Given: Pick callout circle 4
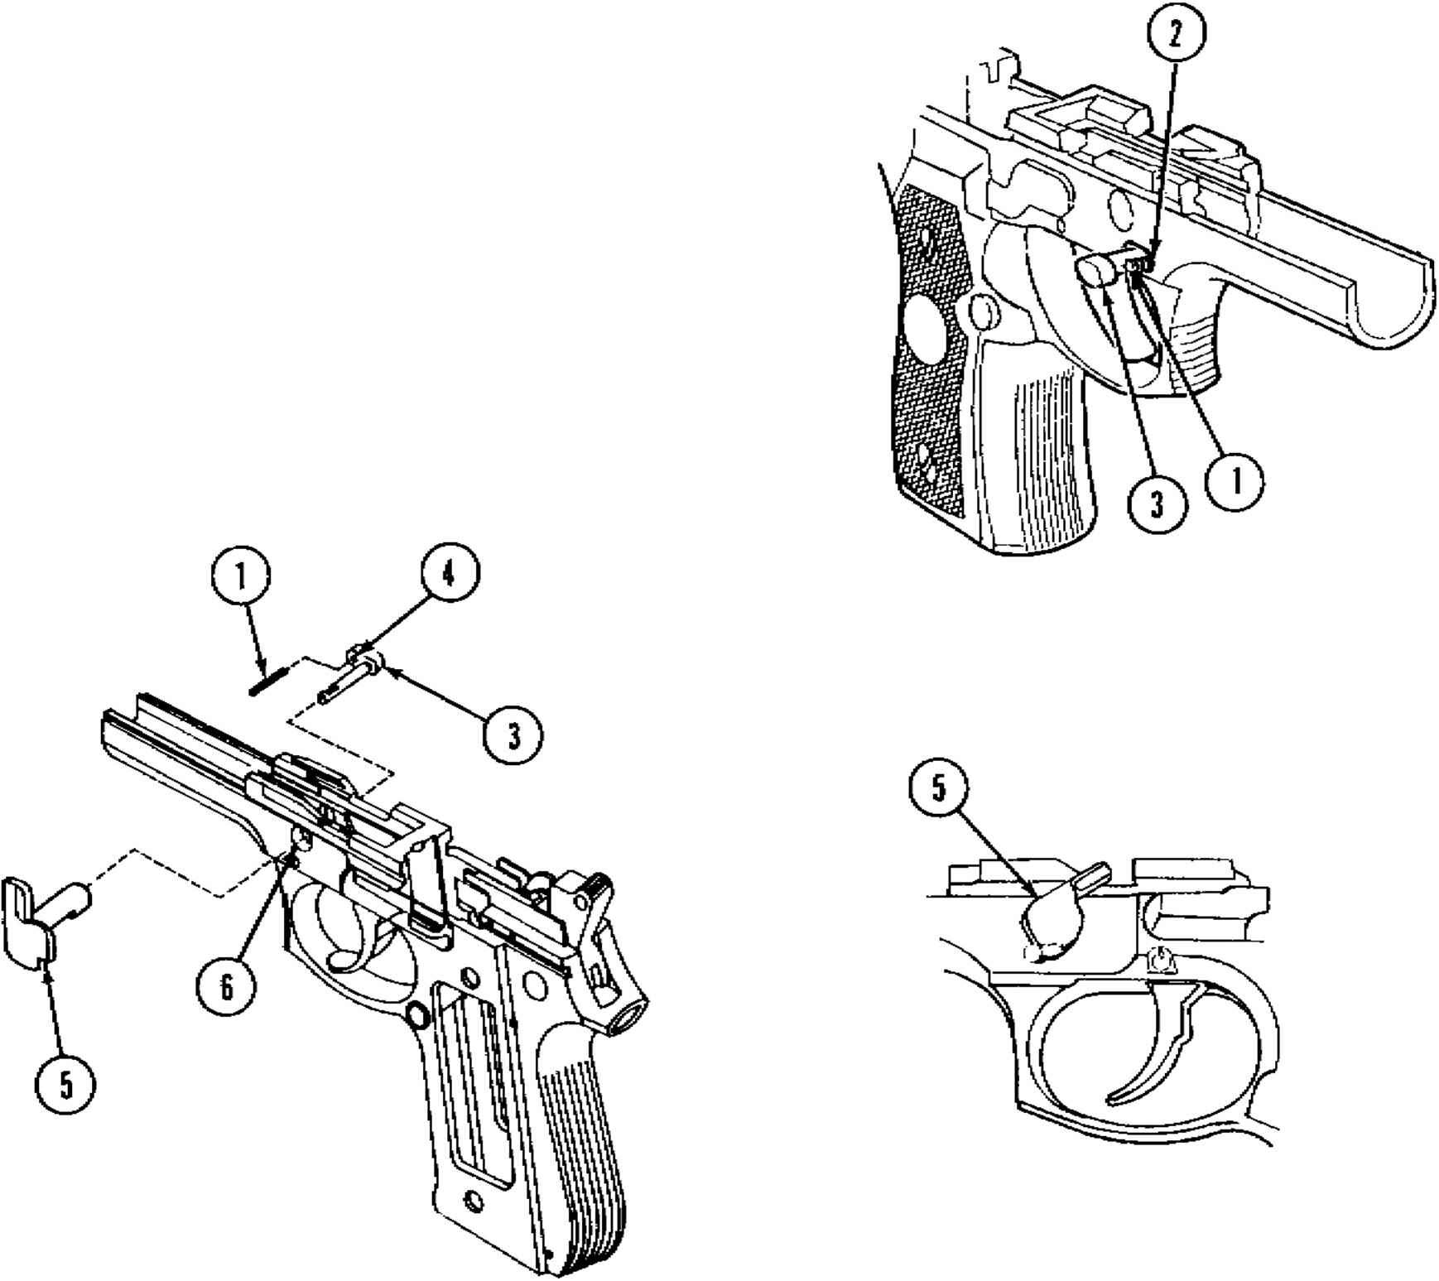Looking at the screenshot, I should tap(449, 575).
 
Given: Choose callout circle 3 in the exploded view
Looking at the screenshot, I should tap(513, 734).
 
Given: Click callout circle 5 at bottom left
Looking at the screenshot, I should tap(65, 1085).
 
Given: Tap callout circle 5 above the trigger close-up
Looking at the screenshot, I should tap(939, 787).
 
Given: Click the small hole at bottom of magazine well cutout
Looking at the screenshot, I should tap(474, 1199).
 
